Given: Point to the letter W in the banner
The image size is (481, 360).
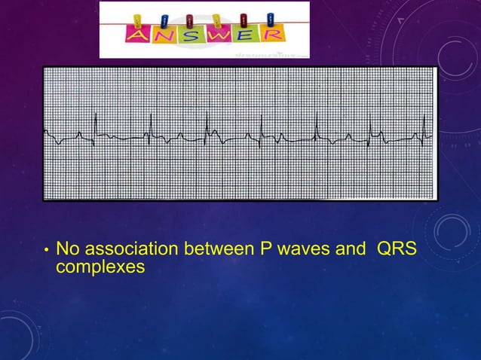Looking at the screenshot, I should click(x=219, y=35).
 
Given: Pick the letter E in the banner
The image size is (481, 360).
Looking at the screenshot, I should click(x=246, y=35).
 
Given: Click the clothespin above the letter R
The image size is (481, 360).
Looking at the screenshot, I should click(x=271, y=18).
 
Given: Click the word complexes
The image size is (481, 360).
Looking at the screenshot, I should click(x=100, y=266).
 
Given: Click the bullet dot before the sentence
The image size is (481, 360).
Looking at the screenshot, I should click(x=47, y=249).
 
